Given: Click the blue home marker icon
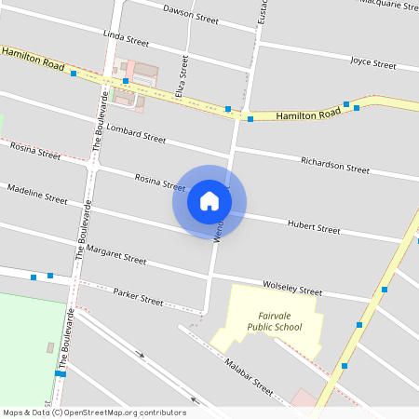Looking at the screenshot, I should click(209, 201).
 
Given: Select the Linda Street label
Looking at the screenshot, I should click(126, 39).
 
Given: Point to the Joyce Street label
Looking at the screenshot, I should click(372, 62).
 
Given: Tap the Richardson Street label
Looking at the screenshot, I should click(334, 165).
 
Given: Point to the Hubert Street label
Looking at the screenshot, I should click(314, 226).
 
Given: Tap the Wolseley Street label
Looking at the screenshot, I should click(291, 287).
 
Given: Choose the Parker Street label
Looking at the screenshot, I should click(138, 299).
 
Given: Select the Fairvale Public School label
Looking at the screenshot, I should click(275, 321).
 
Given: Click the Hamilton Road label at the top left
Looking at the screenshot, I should click(33, 61).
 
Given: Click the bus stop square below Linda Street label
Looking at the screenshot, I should click(125, 81).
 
